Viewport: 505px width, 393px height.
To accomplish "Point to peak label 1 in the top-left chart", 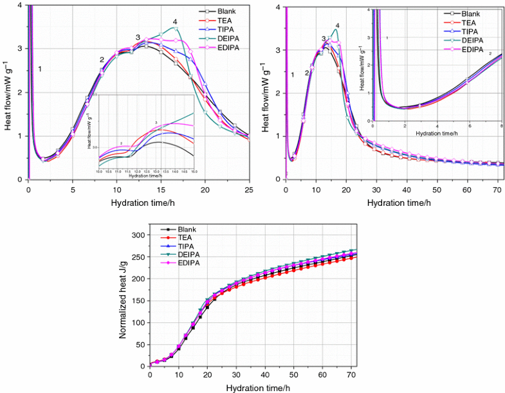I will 40,69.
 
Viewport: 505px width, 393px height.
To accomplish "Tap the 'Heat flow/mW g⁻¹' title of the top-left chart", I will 7,93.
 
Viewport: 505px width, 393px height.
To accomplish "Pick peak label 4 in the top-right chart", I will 337,26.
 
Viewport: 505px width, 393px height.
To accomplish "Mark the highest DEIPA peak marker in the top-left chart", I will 175,28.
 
